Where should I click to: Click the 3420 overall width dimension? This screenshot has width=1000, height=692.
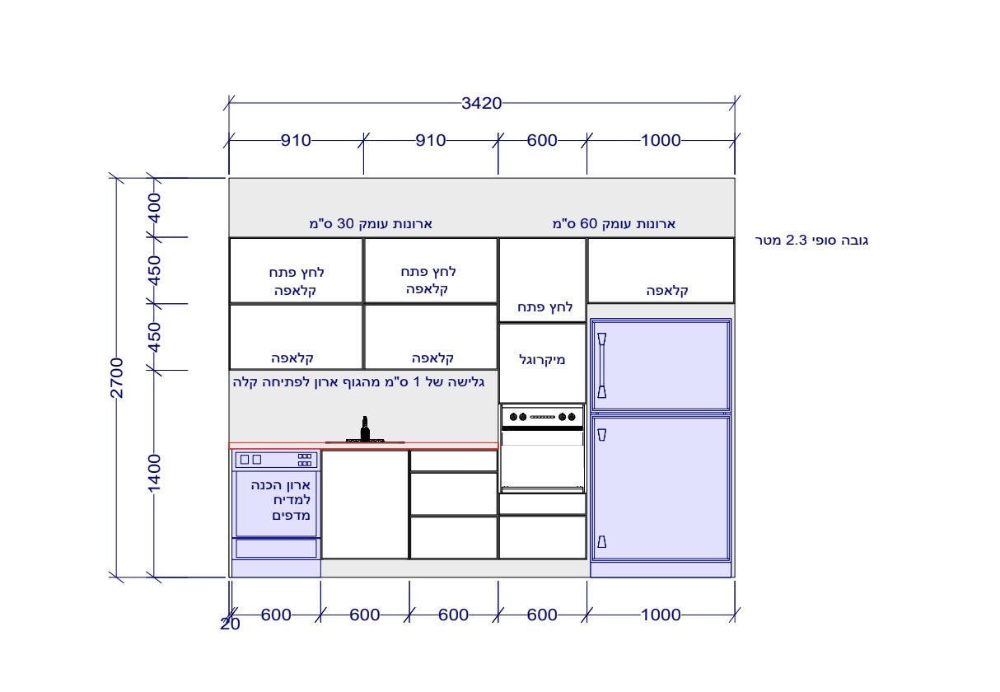coord(481,103)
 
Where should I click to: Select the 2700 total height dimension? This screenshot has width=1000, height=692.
coord(116,377)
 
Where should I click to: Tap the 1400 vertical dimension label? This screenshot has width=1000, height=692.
coord(154,474)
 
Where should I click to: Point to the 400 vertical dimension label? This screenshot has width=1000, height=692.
coord(154,208)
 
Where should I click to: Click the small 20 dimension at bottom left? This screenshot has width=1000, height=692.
coord(230,624)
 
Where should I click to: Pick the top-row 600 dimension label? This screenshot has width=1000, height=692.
coord(542,140)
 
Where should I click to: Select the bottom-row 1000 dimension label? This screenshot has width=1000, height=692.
coord(661,615)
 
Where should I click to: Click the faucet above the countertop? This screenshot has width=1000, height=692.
coord(365,428)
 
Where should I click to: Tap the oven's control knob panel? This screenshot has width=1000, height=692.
coord(542,417)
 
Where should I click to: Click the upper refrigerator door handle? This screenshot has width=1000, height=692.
coord(602,365)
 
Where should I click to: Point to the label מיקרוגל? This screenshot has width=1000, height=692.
coord(542,359)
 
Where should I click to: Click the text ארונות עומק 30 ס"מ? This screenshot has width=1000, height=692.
coord(371,223)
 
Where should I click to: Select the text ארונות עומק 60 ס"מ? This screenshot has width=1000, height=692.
coord(614,223)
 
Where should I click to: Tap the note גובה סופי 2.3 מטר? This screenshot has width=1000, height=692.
coord(811,241)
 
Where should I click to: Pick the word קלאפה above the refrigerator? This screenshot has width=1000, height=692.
coord(667,291)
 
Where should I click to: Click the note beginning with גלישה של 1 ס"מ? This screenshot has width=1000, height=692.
coord(358,381)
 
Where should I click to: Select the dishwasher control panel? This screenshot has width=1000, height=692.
coord(276,460)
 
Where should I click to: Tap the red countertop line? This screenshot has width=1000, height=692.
coord(363,446)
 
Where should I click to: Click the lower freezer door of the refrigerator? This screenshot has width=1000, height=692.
coord(661,488)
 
